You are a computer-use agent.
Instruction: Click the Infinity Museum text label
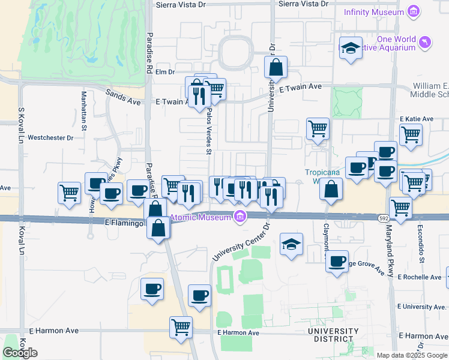[x=373, y=12]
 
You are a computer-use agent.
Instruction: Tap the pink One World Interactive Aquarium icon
[x=425, y=41]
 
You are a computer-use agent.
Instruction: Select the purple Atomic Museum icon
[x=240, y=217]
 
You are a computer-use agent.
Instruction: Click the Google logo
[x=20, y=353]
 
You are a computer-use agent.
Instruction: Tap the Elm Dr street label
[x=164, y=72]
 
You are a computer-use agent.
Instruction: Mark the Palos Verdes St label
[x=209, y=136]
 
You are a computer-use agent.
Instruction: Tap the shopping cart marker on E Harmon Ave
[x=181, y=328]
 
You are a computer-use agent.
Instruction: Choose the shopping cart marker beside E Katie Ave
[x=411, y=134]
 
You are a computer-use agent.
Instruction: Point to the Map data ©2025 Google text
[x=412, y=355]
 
